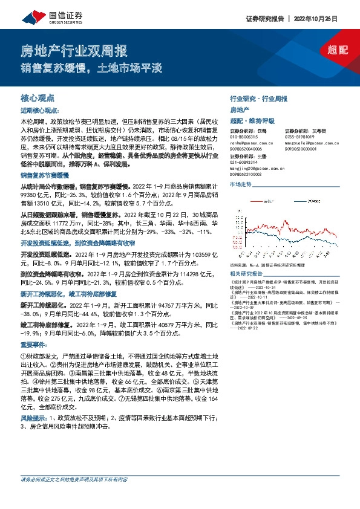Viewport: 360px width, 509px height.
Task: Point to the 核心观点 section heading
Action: tap(38, 97)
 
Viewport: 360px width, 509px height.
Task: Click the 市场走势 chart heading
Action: tap(240, 184)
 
